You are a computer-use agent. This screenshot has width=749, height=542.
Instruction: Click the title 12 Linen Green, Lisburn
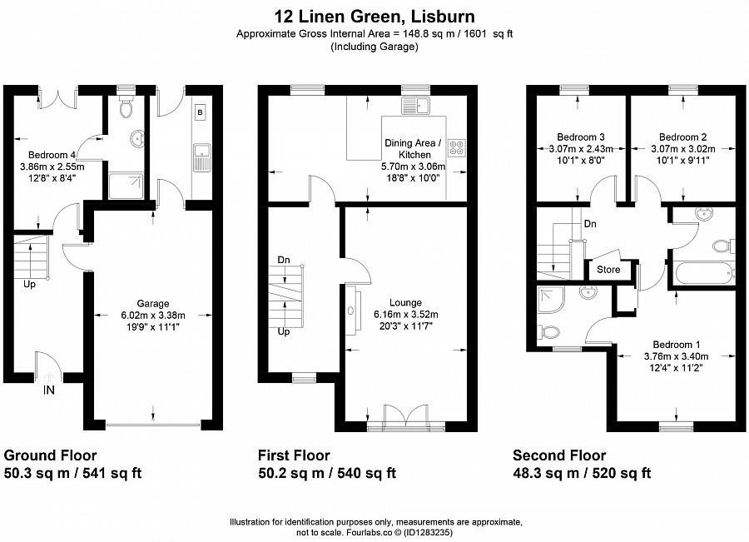click(374, 16)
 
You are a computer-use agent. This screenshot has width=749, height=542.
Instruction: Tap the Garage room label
click(153, 303)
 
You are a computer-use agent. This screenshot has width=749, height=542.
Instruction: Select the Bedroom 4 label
click(53, 154)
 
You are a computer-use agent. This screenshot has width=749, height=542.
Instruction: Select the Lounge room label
click(405, 302)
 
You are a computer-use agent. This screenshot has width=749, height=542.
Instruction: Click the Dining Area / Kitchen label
click(408, 149)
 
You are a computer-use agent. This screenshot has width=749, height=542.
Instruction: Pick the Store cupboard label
click(608, 269)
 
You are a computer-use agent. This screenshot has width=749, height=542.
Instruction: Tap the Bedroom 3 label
click(580, 137)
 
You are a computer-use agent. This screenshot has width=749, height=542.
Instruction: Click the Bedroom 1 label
click(675, 345)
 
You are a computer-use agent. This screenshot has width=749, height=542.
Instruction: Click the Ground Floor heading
click(51, 455)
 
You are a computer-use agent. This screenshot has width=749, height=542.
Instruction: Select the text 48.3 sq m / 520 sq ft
click(582, 473)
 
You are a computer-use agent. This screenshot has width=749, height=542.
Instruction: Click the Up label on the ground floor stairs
click(29, 284)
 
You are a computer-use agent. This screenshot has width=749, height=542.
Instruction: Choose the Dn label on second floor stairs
click(589, 224)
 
